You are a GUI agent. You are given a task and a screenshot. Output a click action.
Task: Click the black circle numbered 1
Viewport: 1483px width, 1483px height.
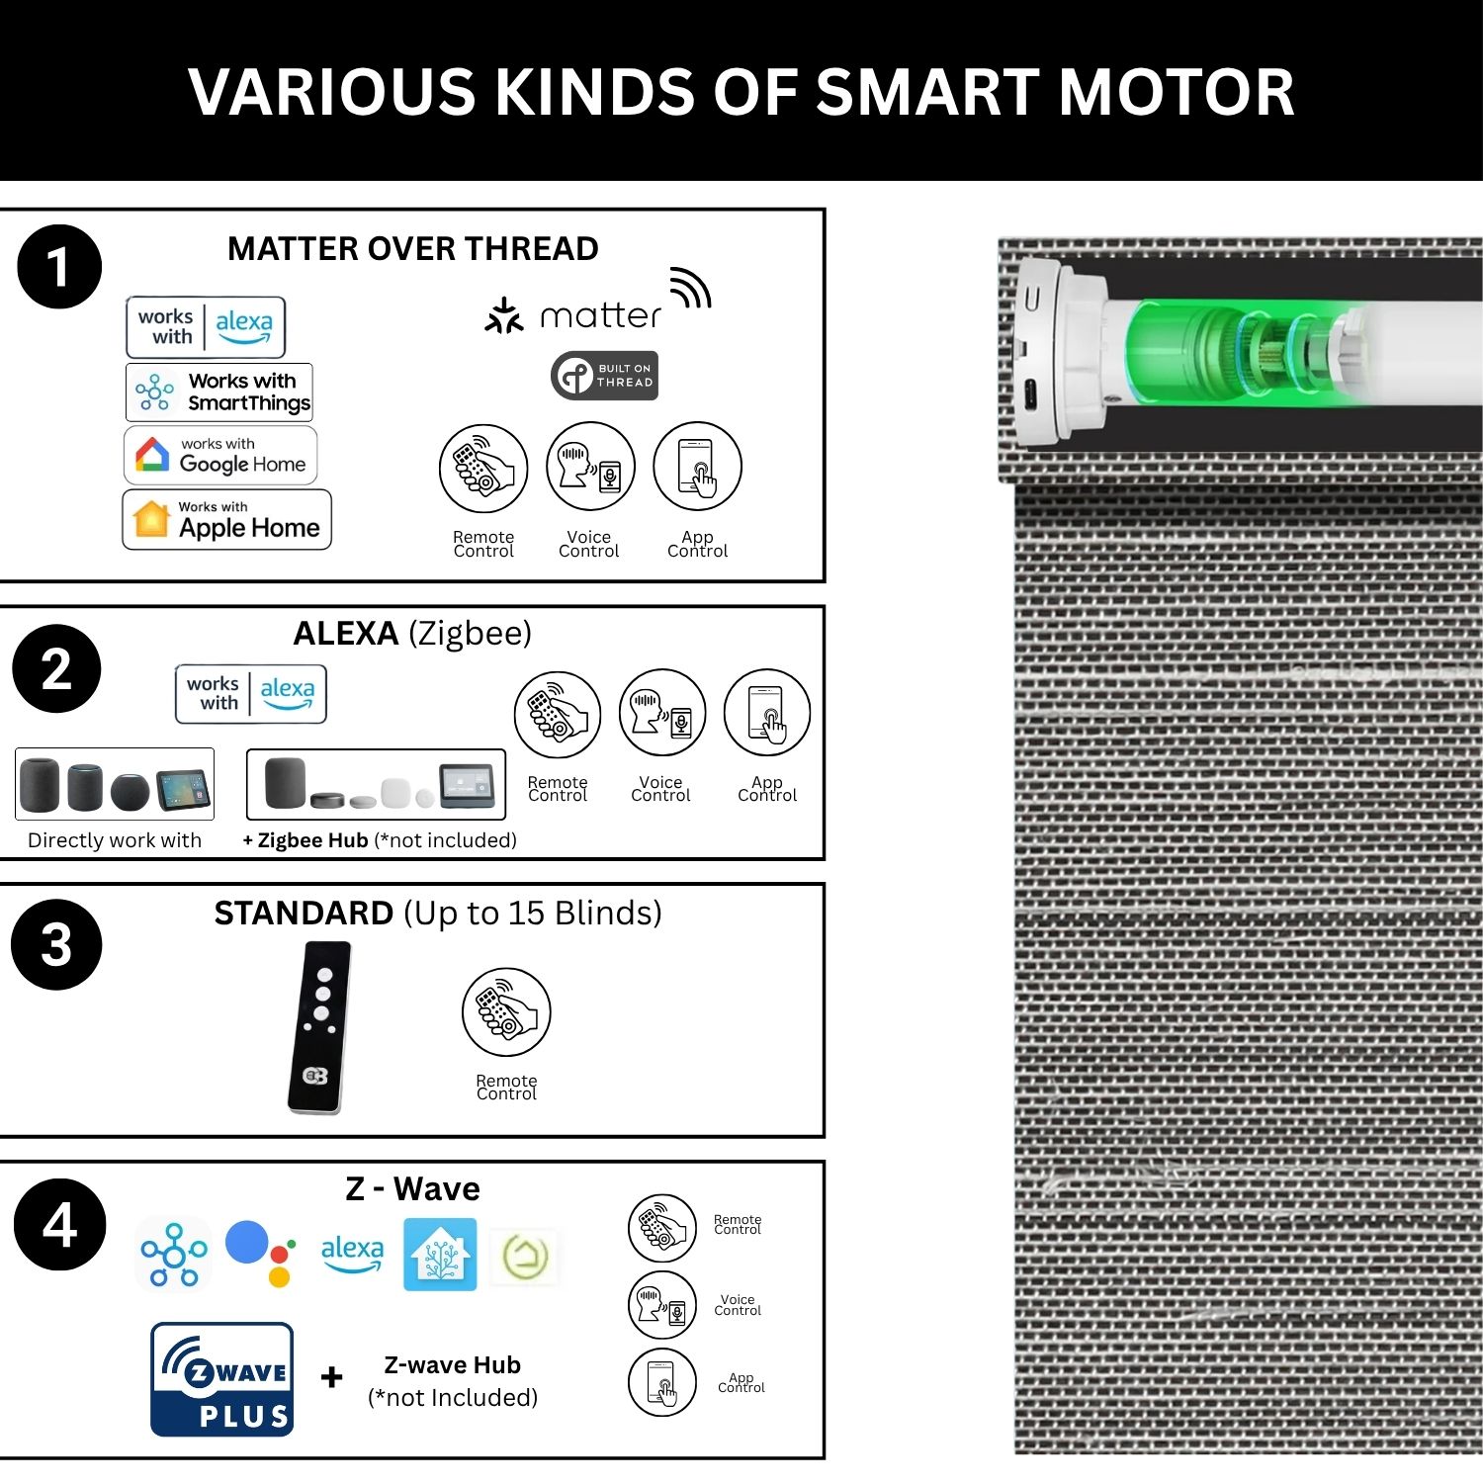(x=59, y=267)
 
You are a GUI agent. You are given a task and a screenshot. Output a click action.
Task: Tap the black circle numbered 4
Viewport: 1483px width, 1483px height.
(x=59, y=1225)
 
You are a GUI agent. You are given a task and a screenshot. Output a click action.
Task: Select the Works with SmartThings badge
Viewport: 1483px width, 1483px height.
(x=219, y=393)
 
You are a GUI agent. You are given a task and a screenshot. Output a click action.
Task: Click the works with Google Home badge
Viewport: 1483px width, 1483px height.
(x=220, y=456)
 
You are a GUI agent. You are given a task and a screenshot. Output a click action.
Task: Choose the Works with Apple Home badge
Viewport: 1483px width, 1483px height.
(x=226, y=520)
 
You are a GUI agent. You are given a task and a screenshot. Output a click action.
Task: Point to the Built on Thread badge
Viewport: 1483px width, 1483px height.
(x=604, y=376)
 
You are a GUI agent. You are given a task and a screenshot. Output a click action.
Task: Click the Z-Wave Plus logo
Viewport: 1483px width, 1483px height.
(x=222, y=1379)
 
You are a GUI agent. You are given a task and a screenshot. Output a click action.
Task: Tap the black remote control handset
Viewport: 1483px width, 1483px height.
(x=319, y=1027)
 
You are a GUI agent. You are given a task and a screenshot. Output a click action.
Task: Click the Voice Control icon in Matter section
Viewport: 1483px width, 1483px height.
(x=590, y=467)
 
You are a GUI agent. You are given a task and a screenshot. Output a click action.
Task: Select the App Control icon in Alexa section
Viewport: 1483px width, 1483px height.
(x=767, y=714)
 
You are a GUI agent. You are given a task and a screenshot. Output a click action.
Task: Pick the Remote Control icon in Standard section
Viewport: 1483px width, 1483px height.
(x=506, y=1012)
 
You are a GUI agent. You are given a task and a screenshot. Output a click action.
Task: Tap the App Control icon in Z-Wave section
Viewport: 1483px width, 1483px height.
(x=662, y=1382)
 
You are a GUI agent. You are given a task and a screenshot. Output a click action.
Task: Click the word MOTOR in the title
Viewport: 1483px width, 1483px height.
(x=1177, y=92)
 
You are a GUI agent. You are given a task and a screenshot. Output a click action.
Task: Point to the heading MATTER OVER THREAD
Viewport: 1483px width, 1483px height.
(x=413, y=249)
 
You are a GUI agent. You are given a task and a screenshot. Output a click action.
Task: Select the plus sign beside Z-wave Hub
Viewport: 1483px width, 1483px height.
(x=332, y=1376)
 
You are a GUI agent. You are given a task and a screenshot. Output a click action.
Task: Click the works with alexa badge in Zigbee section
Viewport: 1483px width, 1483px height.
(x=251, y=694)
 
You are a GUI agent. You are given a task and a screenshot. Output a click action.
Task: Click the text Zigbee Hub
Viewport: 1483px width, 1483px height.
(x=312, y=840)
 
